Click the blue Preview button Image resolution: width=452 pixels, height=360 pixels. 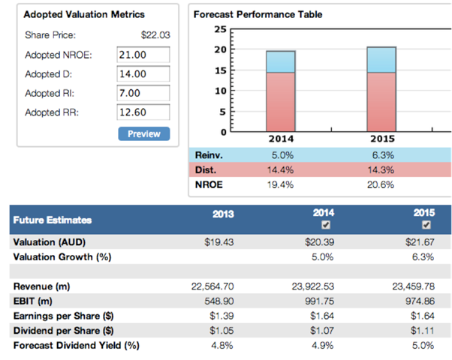[144, 133]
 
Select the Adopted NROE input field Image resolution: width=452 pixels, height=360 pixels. [144, 55]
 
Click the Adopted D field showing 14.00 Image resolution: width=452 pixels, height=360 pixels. [144, 74]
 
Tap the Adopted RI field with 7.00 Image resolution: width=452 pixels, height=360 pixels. [144, 94]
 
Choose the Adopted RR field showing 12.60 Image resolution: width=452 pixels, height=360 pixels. [144, 113]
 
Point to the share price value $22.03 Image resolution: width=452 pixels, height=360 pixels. [156, 34]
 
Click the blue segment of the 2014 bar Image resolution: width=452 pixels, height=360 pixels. [280, 61]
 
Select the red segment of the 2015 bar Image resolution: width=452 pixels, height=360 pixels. [381, 101]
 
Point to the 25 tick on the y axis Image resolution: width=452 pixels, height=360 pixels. [220, 29]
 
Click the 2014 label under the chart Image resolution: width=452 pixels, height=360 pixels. [281, 139]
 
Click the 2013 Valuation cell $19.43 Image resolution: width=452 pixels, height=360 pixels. [219, 243]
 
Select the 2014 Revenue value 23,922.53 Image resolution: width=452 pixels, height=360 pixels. [315, 286]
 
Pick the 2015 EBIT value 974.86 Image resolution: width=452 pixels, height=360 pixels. [417, 298]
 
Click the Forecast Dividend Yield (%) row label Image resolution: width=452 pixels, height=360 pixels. [76, 345]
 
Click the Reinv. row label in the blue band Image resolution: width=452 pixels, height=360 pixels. [206, 154]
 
